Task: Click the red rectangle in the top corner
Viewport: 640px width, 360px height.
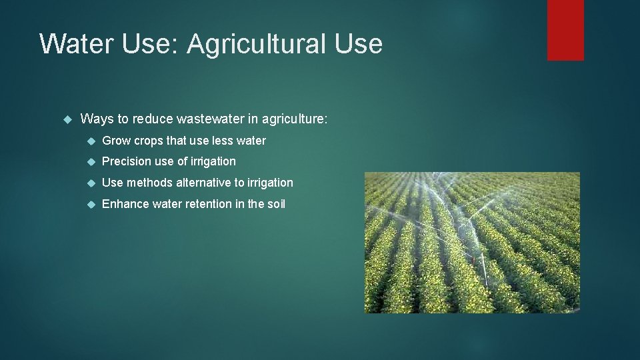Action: pos(565,30)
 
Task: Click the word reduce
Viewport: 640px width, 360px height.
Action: pos(153,119)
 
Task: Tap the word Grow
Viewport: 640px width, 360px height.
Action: pos(116,141)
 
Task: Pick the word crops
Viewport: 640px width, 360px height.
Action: pos(149,141)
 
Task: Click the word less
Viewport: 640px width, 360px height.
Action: pos(223,141)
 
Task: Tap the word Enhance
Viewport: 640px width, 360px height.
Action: pos(125,204)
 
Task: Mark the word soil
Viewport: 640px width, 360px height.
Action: pos(276,204)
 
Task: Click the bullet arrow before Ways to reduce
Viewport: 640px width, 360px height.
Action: pos(66,119)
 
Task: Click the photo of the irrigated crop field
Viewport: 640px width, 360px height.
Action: pos(471,243)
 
